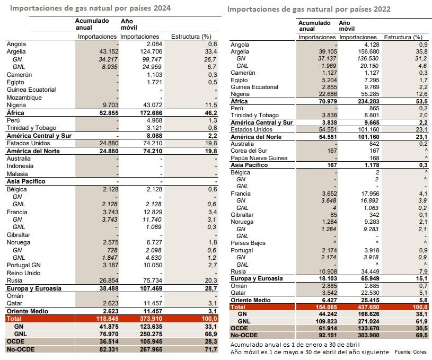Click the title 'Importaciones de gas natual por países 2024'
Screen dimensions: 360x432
click(91, 8)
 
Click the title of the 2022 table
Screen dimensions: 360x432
click(309, 10)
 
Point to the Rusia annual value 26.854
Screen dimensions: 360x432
click(101, 280)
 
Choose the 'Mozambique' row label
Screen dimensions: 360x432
click(24, 98)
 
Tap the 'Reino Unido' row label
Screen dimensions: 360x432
click(23, 273)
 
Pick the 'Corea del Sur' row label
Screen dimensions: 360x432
click(251, 150)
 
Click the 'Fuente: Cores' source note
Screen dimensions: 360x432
click(412, 353)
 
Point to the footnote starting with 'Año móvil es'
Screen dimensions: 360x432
click(310, 352)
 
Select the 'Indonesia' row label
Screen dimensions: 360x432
click(21, 166)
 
